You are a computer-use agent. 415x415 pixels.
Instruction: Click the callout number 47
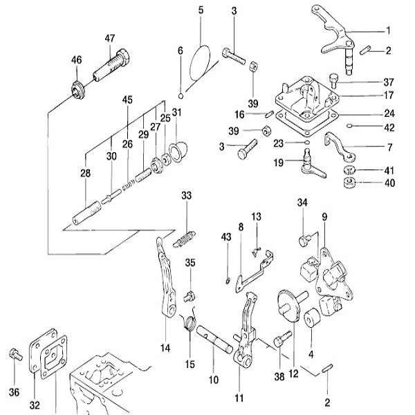tap(110, 38)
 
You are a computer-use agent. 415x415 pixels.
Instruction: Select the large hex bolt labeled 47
tap(111, 66)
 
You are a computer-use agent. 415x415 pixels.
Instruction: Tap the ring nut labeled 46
tap(77, 90)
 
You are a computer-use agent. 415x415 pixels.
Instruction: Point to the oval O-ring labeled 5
tap(200, 62)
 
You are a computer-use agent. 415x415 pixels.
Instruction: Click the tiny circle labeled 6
tap(181, 96)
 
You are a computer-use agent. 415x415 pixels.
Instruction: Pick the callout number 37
tap(389, 82)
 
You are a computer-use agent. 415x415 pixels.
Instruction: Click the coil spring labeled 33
tap(184, 239)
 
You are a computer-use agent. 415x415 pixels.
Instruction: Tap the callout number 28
tap(85, 173)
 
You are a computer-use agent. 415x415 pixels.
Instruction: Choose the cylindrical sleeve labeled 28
tap(86, 213)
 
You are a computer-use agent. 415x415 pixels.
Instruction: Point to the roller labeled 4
tap(311, 317)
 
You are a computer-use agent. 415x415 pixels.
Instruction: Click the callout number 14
tap(165, 348)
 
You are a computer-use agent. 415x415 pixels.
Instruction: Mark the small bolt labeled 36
tap(16, 355)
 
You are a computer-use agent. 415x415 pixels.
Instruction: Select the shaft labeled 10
tap(214, 340)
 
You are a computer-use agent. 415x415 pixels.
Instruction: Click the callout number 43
tap(226, 237)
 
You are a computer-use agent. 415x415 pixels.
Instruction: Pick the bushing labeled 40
tap(349, 183)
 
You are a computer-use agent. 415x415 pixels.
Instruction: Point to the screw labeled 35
tap(190, 297)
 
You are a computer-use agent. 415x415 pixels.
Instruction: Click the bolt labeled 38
tap(282, 339)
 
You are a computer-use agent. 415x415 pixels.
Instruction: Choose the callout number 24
tap(389, 114)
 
